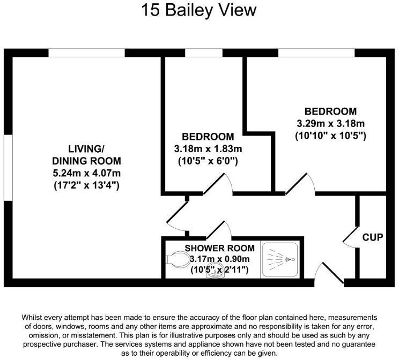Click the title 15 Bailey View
199,11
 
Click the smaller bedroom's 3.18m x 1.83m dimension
208,148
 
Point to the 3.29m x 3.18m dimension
330,124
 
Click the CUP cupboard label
372,237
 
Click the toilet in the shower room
176,260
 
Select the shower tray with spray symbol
280,259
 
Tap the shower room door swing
218,229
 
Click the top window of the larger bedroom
316,52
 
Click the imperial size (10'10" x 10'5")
330,136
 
